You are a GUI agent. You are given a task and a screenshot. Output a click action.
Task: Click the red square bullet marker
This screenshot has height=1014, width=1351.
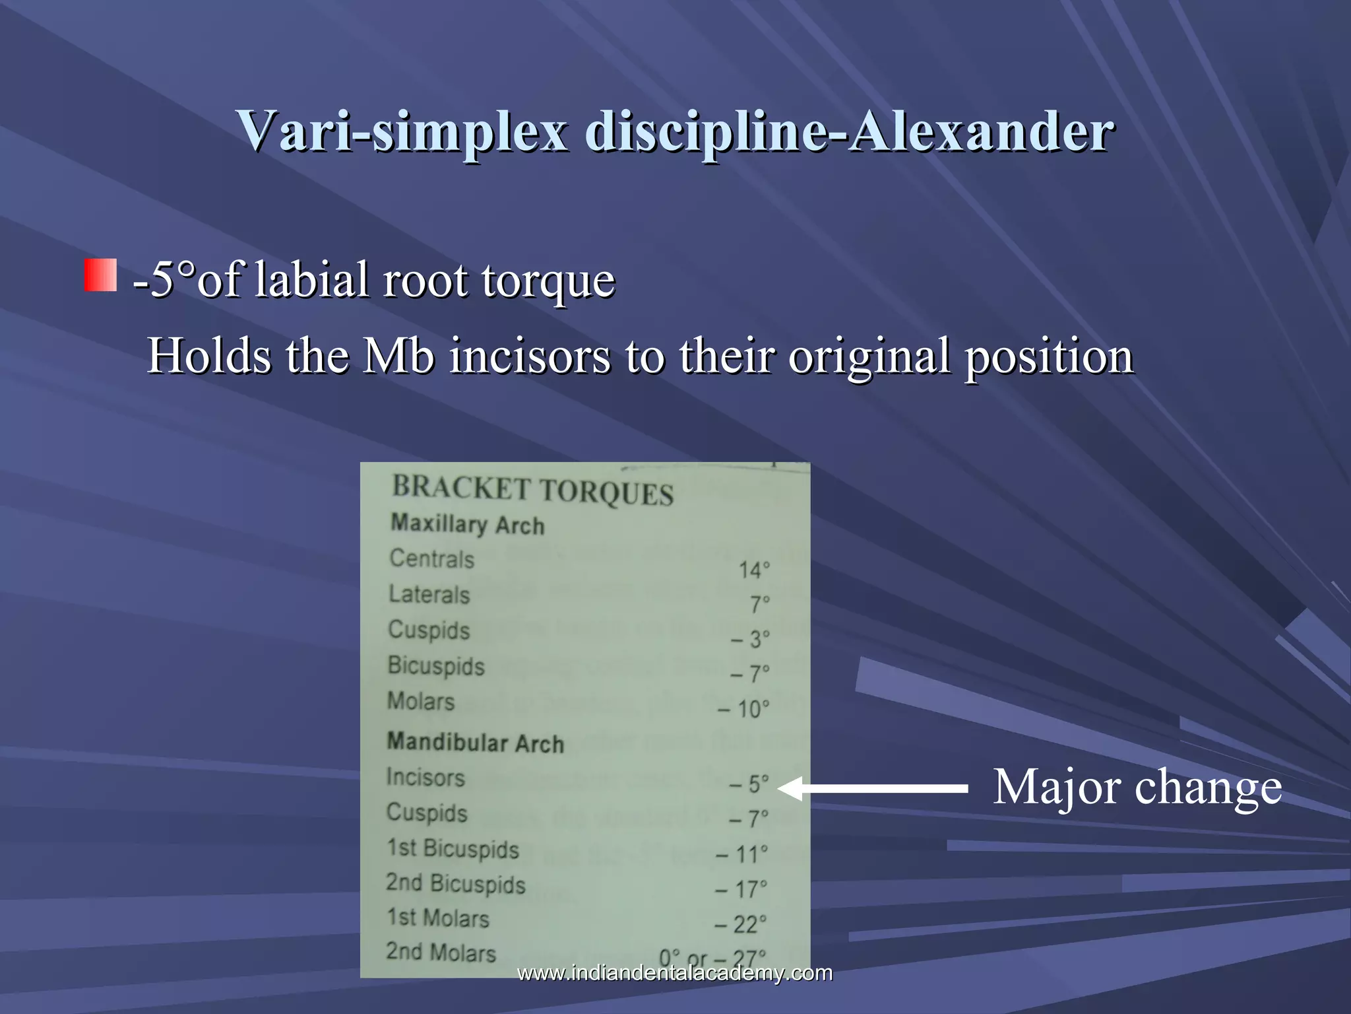tap(100, 275)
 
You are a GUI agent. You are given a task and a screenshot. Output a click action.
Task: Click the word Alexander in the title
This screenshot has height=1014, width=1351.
tap(981, 131)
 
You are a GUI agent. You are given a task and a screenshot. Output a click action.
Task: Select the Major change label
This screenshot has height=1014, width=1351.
tap(1137, 787)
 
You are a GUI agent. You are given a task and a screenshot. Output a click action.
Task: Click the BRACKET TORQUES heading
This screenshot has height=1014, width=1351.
tap(532, 490)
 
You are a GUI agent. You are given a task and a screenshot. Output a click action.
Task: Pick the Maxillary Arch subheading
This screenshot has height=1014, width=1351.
tap(468, 525)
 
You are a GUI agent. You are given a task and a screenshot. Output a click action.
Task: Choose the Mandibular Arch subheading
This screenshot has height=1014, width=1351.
tap(475, 743)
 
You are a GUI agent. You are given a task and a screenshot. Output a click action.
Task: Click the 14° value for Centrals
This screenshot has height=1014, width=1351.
tap(753, 570)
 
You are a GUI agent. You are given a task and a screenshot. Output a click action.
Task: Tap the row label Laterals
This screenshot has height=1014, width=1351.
tap(429, 594)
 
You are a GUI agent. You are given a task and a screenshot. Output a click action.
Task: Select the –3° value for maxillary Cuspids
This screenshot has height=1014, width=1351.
tap(750, 639)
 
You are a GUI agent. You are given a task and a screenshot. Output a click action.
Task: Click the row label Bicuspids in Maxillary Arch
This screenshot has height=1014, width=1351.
tap(436, 665)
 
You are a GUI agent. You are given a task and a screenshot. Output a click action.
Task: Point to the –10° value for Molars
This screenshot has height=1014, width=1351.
tap(743, 709)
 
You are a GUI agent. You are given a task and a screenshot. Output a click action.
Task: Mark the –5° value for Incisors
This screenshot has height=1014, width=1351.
tap(749, 784)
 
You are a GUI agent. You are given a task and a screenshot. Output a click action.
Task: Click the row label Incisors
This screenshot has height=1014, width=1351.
tap(425, 778)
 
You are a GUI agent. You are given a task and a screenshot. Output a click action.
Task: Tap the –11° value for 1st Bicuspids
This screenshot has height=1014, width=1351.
tap(742, 854)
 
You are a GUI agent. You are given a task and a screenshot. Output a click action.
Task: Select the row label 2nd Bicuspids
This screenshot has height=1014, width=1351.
tap(456, 883)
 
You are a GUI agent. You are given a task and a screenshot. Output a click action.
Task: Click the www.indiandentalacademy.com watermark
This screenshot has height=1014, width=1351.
tap(675, 973)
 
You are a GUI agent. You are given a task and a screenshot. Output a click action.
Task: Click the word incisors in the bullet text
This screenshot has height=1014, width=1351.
tap(530, 356)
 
